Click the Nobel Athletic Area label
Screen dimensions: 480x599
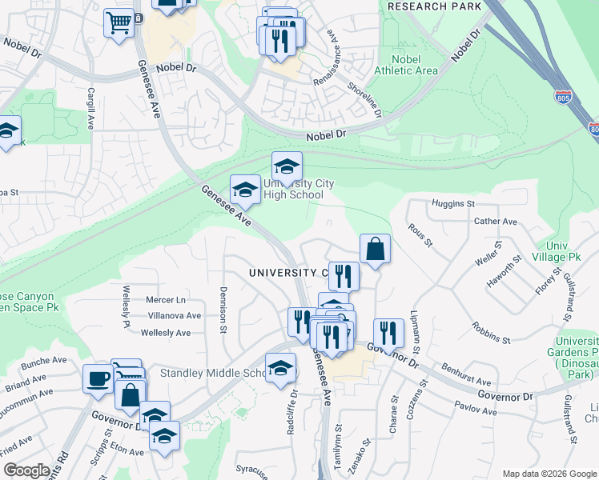(416, 65)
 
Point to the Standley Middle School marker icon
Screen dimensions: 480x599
(279, 369)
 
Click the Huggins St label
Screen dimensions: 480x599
(453, 204)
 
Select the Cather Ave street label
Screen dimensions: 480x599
(496, 221)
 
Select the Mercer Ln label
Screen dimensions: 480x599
(166, 300)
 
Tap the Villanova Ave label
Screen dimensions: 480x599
(169, 316)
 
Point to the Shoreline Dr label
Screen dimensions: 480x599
(364, 100)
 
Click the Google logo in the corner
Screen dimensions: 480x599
(26, 470)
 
